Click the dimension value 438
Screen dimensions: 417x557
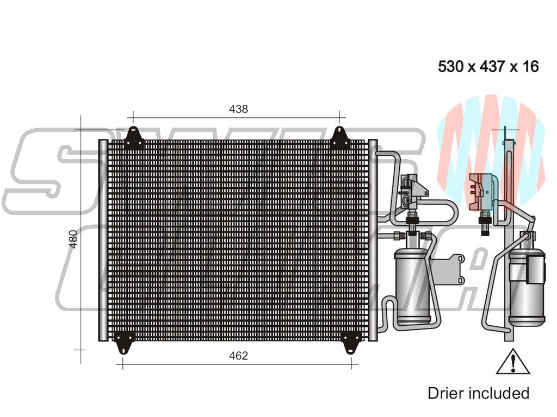tap(238, 109)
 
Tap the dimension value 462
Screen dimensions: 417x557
tap(238, 356)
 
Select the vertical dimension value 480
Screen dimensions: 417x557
tap(74, 239)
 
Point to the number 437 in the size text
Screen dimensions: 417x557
tap(491, 67)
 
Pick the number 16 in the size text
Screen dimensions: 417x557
tap(530, 67)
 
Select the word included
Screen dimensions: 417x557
tap(499, 393)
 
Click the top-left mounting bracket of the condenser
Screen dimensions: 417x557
tap(133, 138)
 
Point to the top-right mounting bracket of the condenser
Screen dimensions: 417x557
tap(340, 138)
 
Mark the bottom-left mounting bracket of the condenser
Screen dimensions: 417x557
tap(125, 342)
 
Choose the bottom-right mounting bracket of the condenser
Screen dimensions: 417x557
tap(350, 342)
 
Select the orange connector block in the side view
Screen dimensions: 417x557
tap(481, 191)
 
